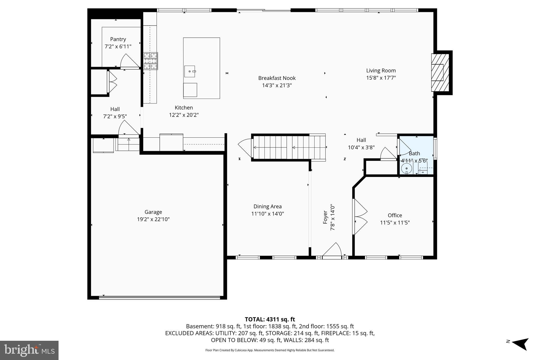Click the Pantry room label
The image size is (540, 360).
(x=118, y=39)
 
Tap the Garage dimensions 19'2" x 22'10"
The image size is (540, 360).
(x=153, y=219)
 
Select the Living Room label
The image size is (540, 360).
(x=381, y=70)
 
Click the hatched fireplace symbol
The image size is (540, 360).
(x=440, y=73)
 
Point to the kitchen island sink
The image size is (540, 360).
(x=190, y=71)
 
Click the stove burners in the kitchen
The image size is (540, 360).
(x=151, y=61)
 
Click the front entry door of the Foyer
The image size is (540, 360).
(x=332, y=251)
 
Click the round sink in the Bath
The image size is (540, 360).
(x=407, y=168)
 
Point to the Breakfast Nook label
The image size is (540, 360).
(x=277, y=78)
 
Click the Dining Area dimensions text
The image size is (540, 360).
(x=267, y=214)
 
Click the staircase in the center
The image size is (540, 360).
(x=288, y=147)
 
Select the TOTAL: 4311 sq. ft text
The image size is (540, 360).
(x=270, y=319)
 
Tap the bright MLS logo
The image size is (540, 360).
(x=29, y=350)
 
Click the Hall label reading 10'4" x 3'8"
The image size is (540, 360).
(x=361, y=147)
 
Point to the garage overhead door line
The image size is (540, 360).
(x=159, y=297)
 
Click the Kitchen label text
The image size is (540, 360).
(x=184, y=108)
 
